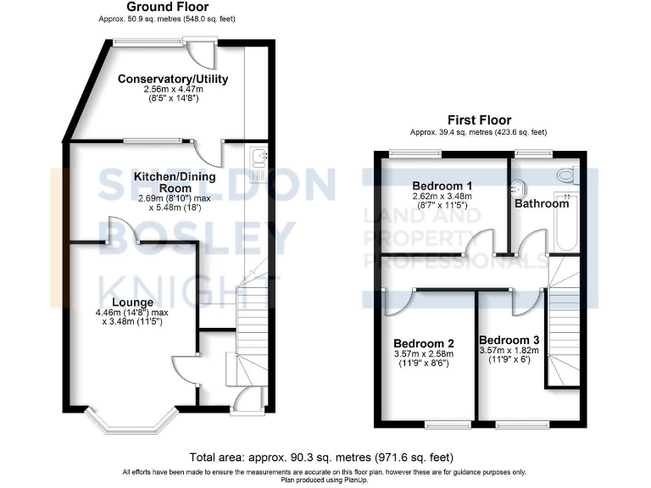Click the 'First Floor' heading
click(479, 120)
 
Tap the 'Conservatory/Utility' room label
click(165, 80)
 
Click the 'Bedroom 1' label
click(442, 186)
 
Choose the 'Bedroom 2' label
click(424, 343)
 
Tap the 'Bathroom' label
click(542, 203)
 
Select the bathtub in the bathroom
click(565, 222)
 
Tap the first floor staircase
click(561, 322)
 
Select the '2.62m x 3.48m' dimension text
click(442, 197)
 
